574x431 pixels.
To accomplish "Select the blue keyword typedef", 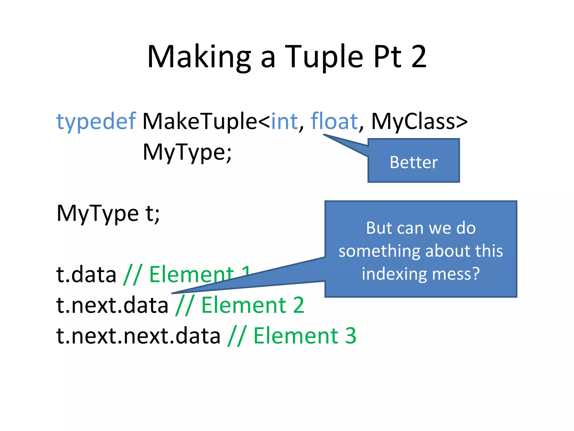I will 96,121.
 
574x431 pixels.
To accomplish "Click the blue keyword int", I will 284,121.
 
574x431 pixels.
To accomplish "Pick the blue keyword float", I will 334,121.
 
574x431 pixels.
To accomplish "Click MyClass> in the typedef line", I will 419,121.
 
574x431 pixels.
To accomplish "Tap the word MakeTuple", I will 200,121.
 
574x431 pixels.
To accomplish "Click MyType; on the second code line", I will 187,152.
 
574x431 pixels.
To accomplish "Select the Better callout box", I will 414,162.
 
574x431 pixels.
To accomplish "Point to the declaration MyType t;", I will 108,214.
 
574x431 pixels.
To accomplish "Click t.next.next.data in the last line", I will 138,336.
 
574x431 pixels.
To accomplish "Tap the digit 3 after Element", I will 350,336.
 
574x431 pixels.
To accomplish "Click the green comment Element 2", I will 253,305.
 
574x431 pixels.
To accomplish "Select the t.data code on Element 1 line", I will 86,274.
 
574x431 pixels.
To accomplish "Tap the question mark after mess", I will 475,274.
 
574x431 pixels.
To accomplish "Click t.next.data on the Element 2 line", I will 112,305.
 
